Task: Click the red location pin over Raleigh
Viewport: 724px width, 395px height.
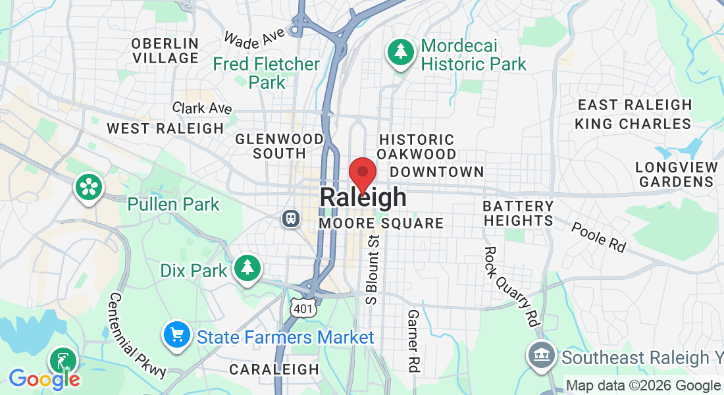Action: click(x=362, y=174)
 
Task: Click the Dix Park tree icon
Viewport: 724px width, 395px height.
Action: click(x=247, y=267)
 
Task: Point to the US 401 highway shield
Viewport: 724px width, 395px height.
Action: click(x=303, y=307)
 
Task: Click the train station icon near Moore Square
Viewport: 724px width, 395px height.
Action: click(x=290, y=218)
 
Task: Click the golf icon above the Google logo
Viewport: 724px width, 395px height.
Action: click(x=63, y=361)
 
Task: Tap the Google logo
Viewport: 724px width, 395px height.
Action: click(x=44, y=379)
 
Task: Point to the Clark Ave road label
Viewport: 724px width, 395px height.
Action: click(x=203, y=108)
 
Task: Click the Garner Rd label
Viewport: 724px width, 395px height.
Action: click(x=413, y=341)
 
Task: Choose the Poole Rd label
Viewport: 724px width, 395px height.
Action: click(x=598, y=236)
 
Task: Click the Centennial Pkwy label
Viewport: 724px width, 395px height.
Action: click(x=138, y=335)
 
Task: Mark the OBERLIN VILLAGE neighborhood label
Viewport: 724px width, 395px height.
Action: click(x=165, y=51)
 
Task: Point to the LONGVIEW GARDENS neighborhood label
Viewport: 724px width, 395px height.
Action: click(x=675, y=174)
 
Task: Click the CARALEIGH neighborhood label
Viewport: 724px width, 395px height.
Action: click(x=274, y=370)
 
